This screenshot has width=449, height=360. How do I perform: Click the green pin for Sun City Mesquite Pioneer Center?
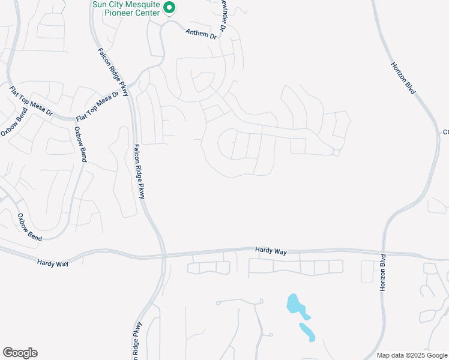coord(169,8)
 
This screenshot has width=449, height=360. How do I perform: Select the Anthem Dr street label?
coord(200,34)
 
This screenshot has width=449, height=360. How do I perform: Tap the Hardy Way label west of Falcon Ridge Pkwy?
coord(53,262)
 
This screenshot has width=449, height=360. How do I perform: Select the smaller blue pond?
coord(307,332)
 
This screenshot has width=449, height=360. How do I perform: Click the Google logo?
coord(20,353)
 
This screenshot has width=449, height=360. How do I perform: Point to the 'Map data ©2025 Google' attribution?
coord(411,355)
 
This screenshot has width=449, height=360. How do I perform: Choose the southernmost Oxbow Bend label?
coord(29,227)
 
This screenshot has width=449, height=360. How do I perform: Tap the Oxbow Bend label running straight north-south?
coord(80,145)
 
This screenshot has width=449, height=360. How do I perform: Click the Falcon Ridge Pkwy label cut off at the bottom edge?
coord(137,342)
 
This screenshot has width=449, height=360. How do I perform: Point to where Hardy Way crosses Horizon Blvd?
coord(382,253)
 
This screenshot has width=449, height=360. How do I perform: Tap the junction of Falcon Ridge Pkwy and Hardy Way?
coord(163,256)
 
